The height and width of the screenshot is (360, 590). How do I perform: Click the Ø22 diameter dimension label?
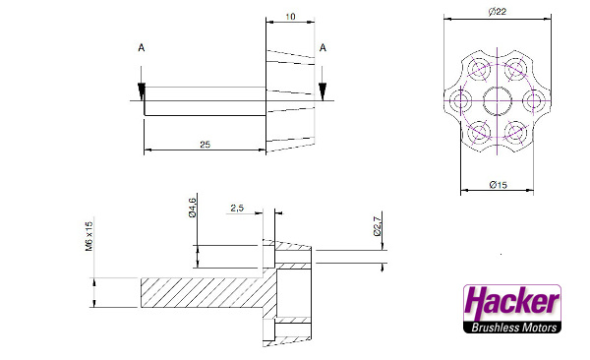498,12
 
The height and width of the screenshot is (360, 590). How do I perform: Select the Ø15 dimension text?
498,185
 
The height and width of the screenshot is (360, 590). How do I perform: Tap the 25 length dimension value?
206,145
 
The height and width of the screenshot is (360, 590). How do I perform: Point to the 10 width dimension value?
290,17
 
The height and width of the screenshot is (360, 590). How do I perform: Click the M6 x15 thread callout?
88,236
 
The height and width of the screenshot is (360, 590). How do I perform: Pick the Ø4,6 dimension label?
193,208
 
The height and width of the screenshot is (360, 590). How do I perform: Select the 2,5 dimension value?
237,208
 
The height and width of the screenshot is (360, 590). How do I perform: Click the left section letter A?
141,48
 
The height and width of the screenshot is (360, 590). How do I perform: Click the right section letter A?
323,48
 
